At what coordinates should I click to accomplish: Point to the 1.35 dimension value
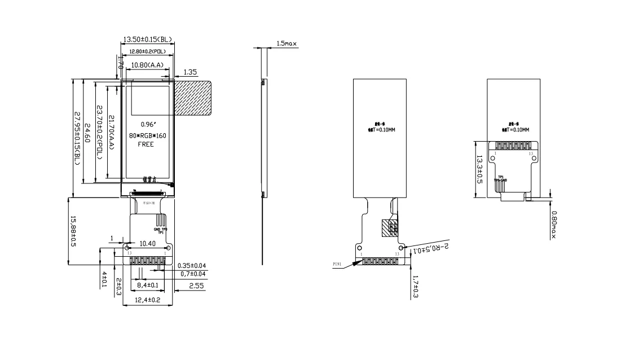pyautogui.click(x=191, y=72)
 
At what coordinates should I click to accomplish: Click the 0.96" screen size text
pyautogui.click(x=148, y=124)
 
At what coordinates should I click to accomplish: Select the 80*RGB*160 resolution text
pyautogui.click(x=148, y=135)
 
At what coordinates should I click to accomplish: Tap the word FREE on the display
pyautogui.click(x=147, y=144)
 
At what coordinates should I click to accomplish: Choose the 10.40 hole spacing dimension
pyautogui.click(x=147, y=243)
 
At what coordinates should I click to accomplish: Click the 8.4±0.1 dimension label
pyautogui.click(x=147, y=286)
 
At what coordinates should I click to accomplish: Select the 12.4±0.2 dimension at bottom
pyautogui.click(x=147, y=300)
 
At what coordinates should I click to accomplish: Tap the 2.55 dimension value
pyautogui.click(x=196, y=286)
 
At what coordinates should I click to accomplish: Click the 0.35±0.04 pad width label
pyautogui.click(x=192, y=265)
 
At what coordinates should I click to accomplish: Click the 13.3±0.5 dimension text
pyautogui.click(x=479, y=169)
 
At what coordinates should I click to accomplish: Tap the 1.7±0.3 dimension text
pyautogui.click(x=416, y=287)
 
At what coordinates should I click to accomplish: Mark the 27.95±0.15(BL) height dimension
pyautogui.click(x=77, y=138)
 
